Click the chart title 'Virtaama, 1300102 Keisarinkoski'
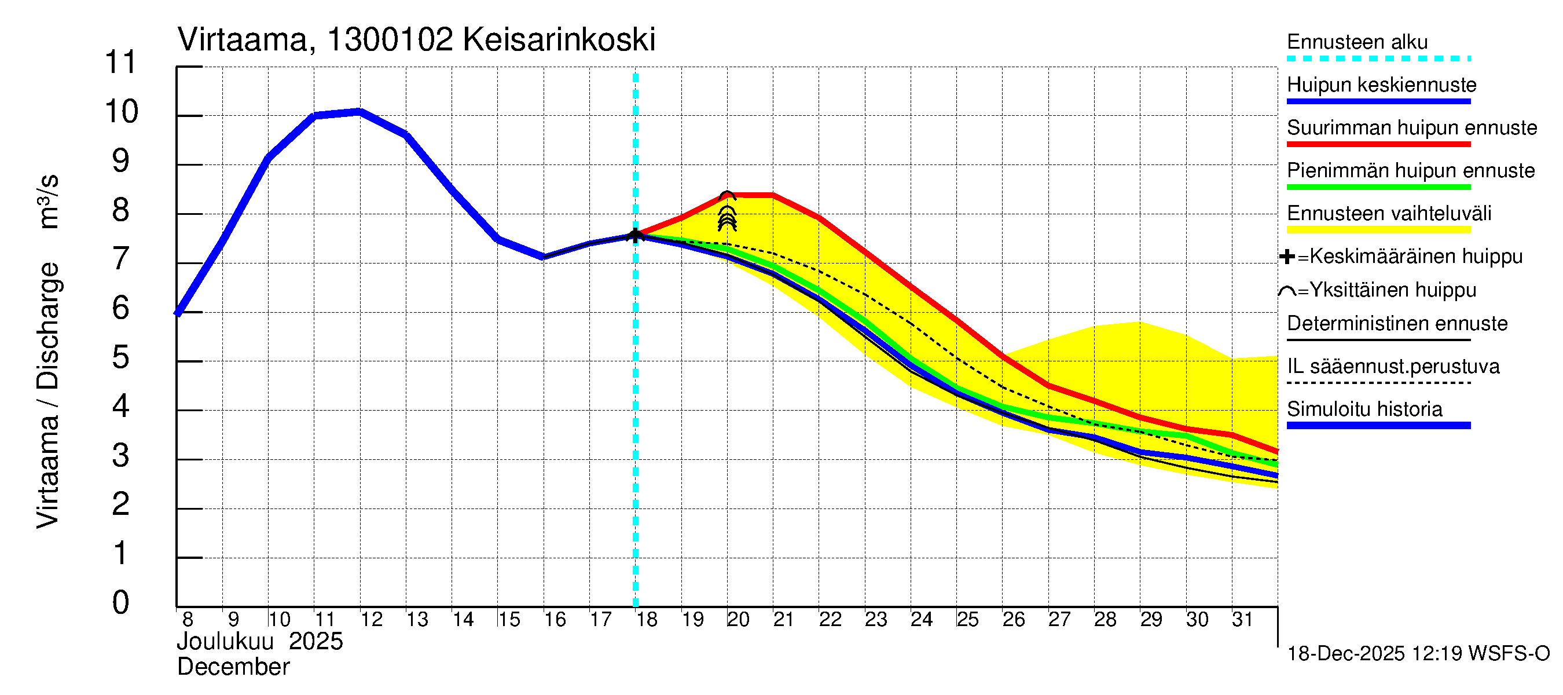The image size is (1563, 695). coord(416,40)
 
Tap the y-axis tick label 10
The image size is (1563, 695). coord(122,112)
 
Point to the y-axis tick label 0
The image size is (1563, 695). coord(121,603)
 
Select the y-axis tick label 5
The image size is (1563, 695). coord(121,357)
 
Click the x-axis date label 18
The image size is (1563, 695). coord(647,620)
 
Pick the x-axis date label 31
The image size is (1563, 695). coord(1242,620)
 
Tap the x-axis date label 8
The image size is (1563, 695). coord(188,620)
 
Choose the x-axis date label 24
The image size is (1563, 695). coord(922,620)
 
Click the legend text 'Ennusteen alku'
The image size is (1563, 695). coord(1357,42)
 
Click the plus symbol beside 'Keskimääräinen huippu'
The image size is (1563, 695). coord(1287,257)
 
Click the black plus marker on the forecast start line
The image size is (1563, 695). coord(635,236)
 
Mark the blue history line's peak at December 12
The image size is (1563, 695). coord(360,111)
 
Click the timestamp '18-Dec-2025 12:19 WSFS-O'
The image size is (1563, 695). coord(1418,654)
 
